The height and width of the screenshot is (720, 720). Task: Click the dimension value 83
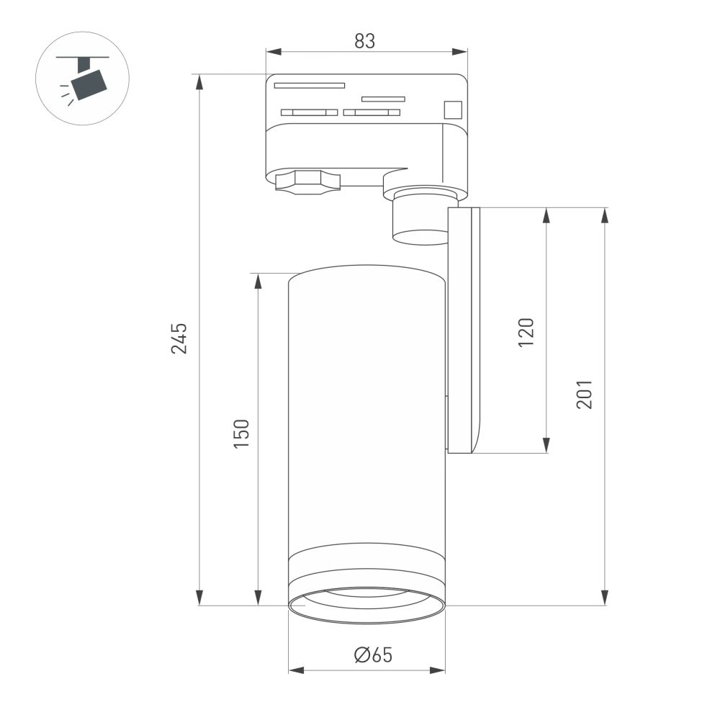[x=365, y=42]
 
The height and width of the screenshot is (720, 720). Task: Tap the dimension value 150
[x=241, y=434]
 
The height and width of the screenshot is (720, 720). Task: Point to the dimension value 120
[x=526, y=332]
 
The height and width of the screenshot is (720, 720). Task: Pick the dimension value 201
[x=584, y=395]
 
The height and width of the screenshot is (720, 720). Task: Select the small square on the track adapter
[x=452, y=109]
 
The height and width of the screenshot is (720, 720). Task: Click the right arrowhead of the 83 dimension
[x=461, y=51]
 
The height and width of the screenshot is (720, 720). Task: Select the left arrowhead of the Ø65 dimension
[x=294, y=670]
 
